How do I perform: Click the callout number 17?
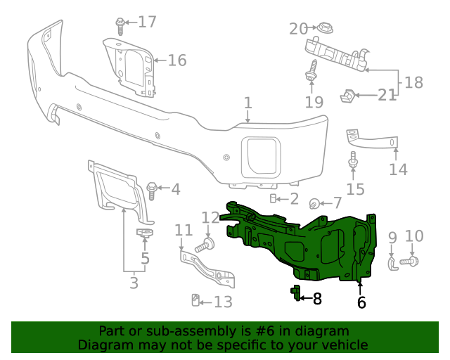[x=147, y=22]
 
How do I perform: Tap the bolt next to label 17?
[x=120, y=25]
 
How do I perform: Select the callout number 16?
[x=176, y=60]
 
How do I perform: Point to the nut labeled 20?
[x=325, y=29]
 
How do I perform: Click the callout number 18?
[x=413, y=82]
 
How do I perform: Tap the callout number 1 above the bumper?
[x=247, y=103]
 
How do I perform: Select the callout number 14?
[x=398, y=169]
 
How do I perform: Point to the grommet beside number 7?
[x=316, y=204]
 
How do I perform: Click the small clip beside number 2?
[x=275, y=198]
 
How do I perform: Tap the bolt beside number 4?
[x=152, y=188]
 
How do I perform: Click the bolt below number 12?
[x=207, y=245]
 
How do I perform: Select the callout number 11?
[x=184, y=230]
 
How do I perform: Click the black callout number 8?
[x=317, y=299]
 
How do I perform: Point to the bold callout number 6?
[x=361, y=303]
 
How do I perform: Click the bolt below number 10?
[x=410, y=262]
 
